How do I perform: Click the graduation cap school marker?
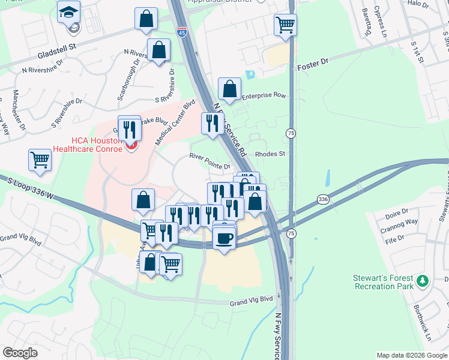click(69, 12)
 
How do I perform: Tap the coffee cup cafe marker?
click(224, 239)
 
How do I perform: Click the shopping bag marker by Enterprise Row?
click(229, 90)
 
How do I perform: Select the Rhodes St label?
click(269, 154)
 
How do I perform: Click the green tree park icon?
click(423, 280)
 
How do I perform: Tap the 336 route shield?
click(323, 199)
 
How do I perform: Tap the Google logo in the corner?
click(20, 353)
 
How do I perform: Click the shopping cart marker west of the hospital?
click(40, 160)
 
